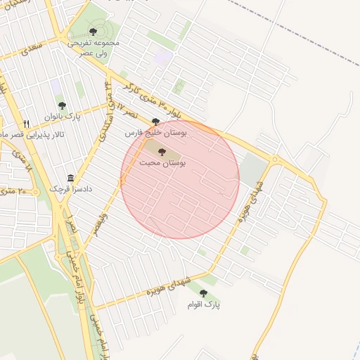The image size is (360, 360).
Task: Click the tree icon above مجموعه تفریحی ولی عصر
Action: (93, 31)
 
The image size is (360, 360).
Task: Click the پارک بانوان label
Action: (63, 116)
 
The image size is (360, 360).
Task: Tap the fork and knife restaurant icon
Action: (26, 124)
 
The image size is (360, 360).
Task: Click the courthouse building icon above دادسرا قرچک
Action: (70, 179)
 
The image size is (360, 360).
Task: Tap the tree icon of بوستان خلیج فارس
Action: (155, 122)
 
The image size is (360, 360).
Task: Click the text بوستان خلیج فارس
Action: (153, 132)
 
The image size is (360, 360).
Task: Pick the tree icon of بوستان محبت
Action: (162, 152)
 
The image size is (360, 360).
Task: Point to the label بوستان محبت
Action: (162, 162)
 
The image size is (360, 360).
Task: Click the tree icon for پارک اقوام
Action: (203, 293)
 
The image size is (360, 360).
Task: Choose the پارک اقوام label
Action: (204, 304)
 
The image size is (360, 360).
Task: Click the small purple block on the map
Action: (163, 58)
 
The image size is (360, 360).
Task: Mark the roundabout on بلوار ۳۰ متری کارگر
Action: (275, 160)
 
